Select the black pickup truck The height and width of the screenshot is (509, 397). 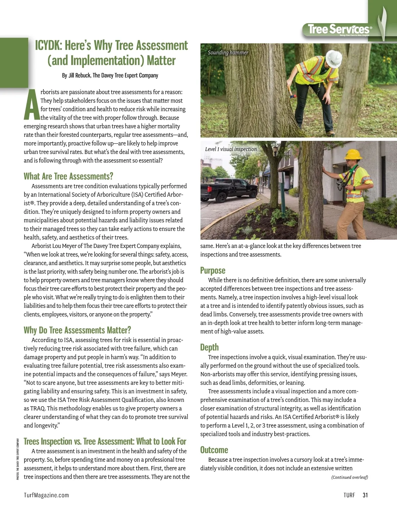(228, 190)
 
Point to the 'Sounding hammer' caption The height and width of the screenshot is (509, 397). (228, 53)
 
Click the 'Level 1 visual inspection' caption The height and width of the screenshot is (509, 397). (231, 149)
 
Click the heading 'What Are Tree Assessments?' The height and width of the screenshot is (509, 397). (68, 176)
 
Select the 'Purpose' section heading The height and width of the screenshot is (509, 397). (213, 270)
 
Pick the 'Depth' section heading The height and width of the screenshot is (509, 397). (209, 347)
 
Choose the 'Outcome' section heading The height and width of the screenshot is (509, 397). (214, 450)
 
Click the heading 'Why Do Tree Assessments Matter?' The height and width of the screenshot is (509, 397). (77, 330)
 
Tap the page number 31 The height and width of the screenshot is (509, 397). (365, 495)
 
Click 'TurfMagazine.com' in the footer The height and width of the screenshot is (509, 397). (46, 495)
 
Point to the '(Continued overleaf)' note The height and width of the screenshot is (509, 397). (349, 477)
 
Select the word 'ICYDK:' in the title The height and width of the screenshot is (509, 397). (48, 45)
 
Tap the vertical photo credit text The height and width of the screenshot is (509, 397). (18, 459)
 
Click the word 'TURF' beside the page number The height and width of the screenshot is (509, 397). (349, 495)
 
